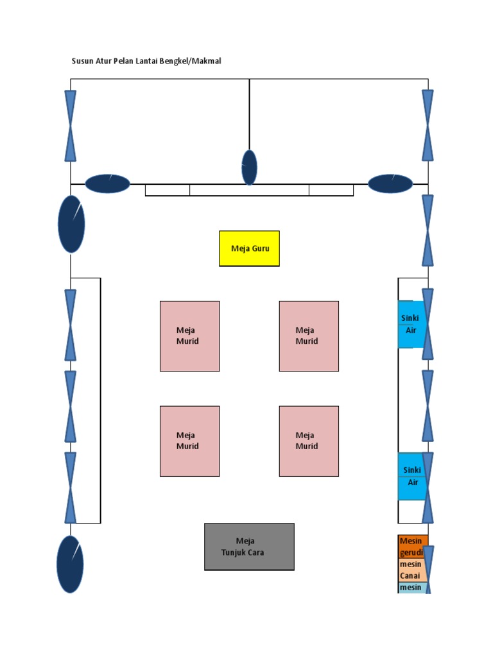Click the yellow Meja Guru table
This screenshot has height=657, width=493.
(x=249, y=248)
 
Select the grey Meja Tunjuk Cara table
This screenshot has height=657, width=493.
(x=249, y=547)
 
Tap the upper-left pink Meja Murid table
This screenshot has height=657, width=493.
(x=189, y=336)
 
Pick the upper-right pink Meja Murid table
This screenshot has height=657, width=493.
(x=309, y=336)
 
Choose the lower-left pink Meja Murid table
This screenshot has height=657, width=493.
(x=189, y=441)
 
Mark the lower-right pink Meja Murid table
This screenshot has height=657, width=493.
(x=309, y=441)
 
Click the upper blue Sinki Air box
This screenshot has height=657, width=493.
(x=410, y=325)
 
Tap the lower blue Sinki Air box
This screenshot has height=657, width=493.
(x=410, y=477)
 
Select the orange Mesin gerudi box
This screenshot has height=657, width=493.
(x=411, y=547)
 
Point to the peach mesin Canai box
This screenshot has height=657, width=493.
(x=411, y=570)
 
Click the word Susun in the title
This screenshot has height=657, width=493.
(x=82, y=61)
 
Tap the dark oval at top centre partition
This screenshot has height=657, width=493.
(x=249, y=167)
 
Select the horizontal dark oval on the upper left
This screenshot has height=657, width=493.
(x=107, y=184)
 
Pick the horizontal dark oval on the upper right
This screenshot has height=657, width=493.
(x=390, y=183)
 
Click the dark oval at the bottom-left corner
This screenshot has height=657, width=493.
(x=71, y=565)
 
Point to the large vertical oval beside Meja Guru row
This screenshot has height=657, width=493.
(x=71, y=224)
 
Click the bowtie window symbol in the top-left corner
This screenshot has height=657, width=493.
(x=71, y=126)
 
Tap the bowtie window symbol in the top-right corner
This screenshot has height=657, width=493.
(x=428, y=126)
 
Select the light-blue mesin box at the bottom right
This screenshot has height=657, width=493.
(x=411, y=588)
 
